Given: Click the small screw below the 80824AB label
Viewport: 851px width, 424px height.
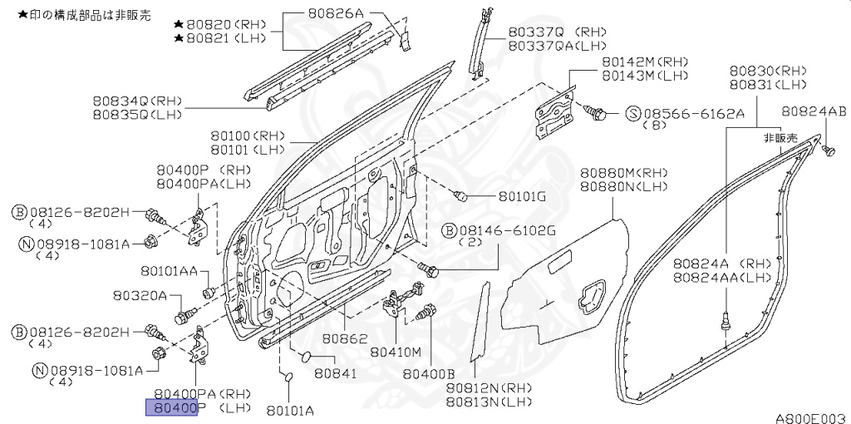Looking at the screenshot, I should tap(828, 150).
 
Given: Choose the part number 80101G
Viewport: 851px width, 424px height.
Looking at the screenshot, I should tap(522, 197).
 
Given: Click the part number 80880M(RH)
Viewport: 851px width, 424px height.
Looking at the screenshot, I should tap(623, 172).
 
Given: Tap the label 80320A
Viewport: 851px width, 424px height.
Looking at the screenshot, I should tap(140, 296).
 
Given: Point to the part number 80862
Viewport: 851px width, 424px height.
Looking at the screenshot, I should tap(345, 339).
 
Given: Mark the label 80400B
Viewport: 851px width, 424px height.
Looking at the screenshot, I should tap(429, 374).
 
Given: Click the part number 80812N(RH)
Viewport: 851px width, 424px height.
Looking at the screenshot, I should tap(489, 388).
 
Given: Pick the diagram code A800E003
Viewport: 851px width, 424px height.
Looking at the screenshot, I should tap(810, 417).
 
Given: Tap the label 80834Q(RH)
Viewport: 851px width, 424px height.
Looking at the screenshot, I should tap(137, 101).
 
